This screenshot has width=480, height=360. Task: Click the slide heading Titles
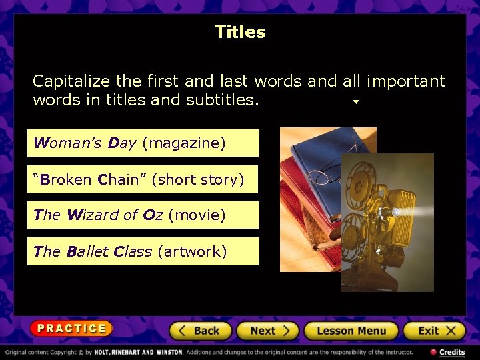[240, 32]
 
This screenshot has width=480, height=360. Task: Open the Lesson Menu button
[351, 331]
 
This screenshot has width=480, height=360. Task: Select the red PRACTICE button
[71, 328]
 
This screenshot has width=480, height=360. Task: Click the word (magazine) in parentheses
[184, 143]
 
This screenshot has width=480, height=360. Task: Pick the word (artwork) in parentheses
[192, 251]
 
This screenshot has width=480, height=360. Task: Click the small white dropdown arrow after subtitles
[356, 102]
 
